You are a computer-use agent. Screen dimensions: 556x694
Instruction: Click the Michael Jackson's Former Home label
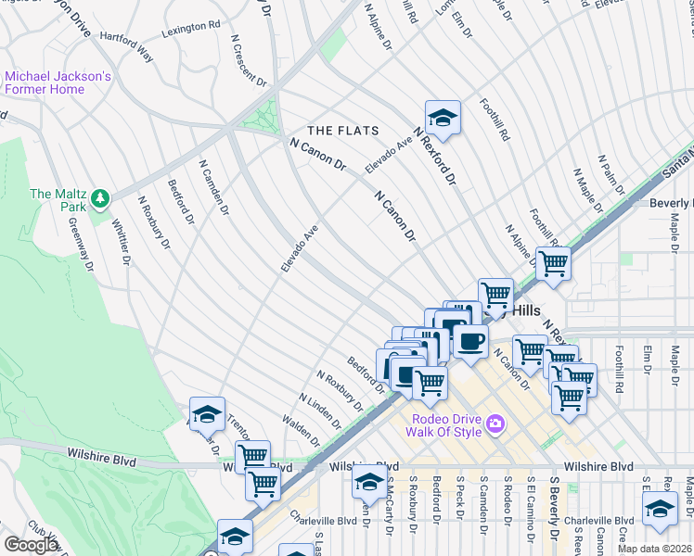58,82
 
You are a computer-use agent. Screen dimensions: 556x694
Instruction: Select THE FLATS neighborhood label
340,131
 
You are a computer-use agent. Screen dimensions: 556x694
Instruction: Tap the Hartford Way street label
124,44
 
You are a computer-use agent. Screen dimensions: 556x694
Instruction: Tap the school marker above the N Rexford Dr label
443,118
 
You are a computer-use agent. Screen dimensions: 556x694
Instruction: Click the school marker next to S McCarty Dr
369,481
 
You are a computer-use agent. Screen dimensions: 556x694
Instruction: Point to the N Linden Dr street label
320,412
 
